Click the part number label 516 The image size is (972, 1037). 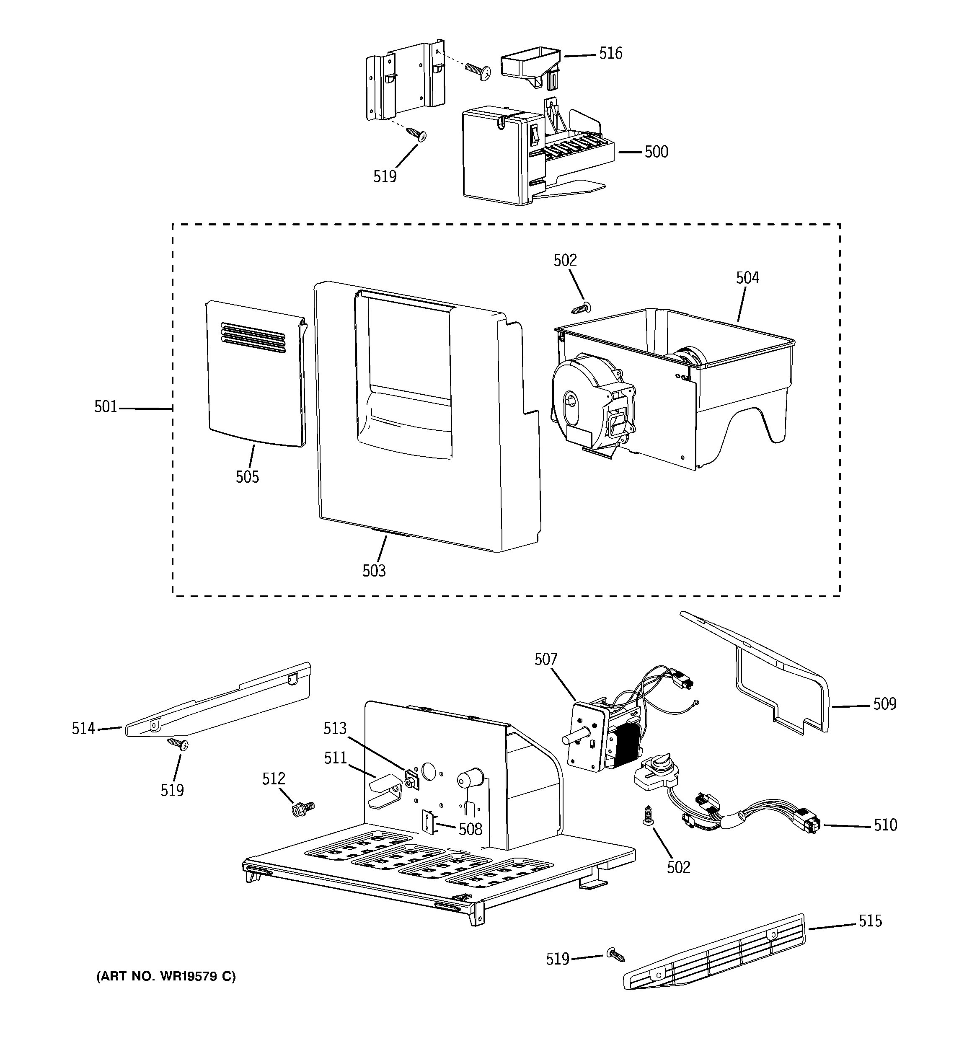(610, 53)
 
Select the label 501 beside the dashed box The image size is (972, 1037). (106, 406)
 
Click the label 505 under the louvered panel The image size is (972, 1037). (247, 476)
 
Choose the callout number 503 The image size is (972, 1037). (374, 571)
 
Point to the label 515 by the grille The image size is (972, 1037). (870, 921)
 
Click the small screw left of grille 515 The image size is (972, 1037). (615, 954)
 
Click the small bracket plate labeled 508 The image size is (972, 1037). (428, 823)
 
